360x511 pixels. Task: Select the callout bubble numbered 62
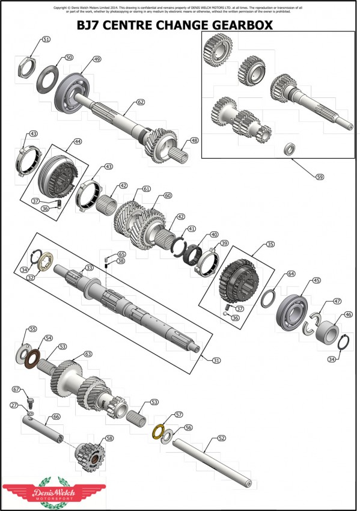(x=141, y=102)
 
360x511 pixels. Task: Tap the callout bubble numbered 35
(x=270, y=245)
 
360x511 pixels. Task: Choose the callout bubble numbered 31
(x=216, y=360)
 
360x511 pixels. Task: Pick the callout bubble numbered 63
(x=88, y=354)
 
